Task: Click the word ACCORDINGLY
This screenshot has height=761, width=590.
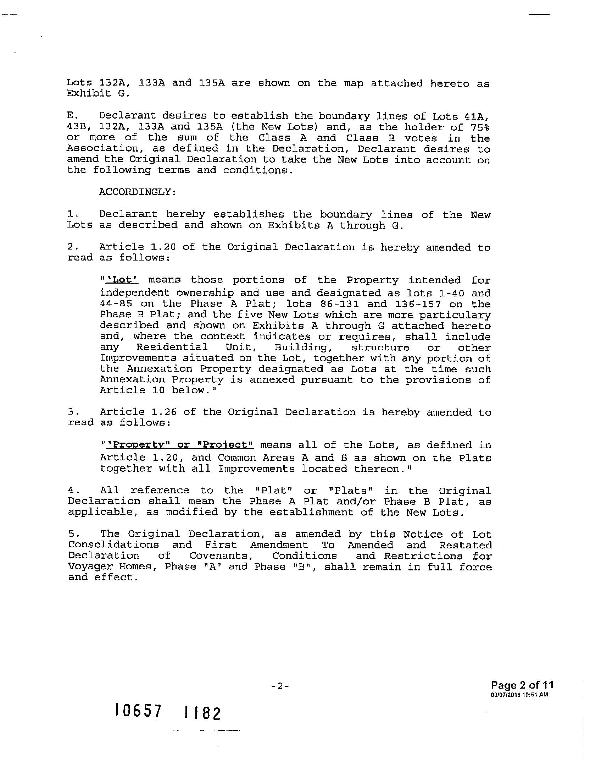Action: (x=138, y=192)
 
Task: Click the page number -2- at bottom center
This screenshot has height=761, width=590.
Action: (x=280, y=686)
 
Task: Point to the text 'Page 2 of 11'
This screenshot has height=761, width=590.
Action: (x=522, y=685)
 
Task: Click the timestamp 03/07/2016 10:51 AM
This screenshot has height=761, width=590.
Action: (x=519, y=695)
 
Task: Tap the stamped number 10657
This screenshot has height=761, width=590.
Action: (x=138, y=711)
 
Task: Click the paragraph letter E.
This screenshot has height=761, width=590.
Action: (x=71, y=116)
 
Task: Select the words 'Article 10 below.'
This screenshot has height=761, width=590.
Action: (x=158, y=390)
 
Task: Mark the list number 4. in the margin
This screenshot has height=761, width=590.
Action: (x=72, y=491)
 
